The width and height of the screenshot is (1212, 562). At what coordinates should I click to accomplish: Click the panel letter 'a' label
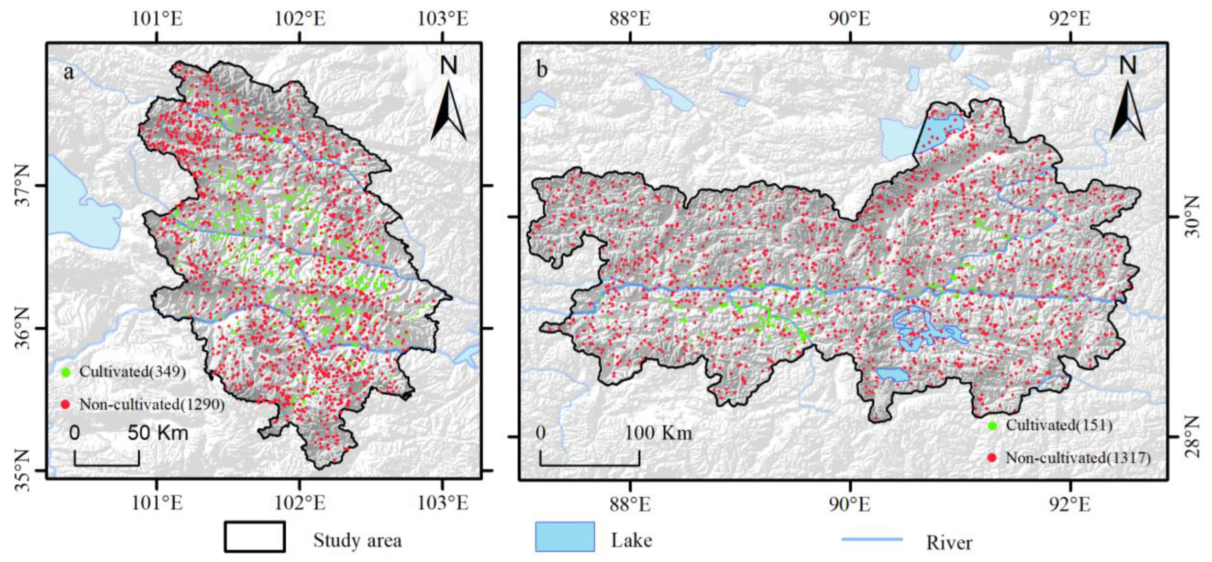pos(69,73)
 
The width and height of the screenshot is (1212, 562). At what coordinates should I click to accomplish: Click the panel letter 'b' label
pos(542,70)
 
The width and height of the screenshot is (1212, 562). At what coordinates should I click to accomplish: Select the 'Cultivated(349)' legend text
pos(132,371)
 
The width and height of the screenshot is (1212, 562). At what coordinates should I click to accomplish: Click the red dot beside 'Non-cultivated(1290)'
pos(66,404)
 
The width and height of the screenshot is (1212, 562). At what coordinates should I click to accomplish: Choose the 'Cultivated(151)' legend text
pos(1059,425)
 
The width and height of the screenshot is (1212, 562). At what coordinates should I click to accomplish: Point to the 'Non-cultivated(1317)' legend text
pos(1077,457)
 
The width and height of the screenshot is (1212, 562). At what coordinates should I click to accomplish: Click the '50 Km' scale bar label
pos(158,433)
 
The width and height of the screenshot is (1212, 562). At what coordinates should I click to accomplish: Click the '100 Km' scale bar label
pos(658,433)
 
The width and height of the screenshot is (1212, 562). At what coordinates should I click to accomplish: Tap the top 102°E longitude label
pos(300,19)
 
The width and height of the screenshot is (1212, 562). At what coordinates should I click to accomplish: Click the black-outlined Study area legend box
pos(255,537)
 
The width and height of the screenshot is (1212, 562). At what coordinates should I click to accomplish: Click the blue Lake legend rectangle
pos(565,537)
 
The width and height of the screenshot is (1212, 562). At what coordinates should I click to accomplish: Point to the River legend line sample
pos(871,539)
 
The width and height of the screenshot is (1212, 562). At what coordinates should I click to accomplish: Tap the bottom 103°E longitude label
pos(443,504)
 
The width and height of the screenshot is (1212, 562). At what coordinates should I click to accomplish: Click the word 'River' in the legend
pos(949,543)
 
